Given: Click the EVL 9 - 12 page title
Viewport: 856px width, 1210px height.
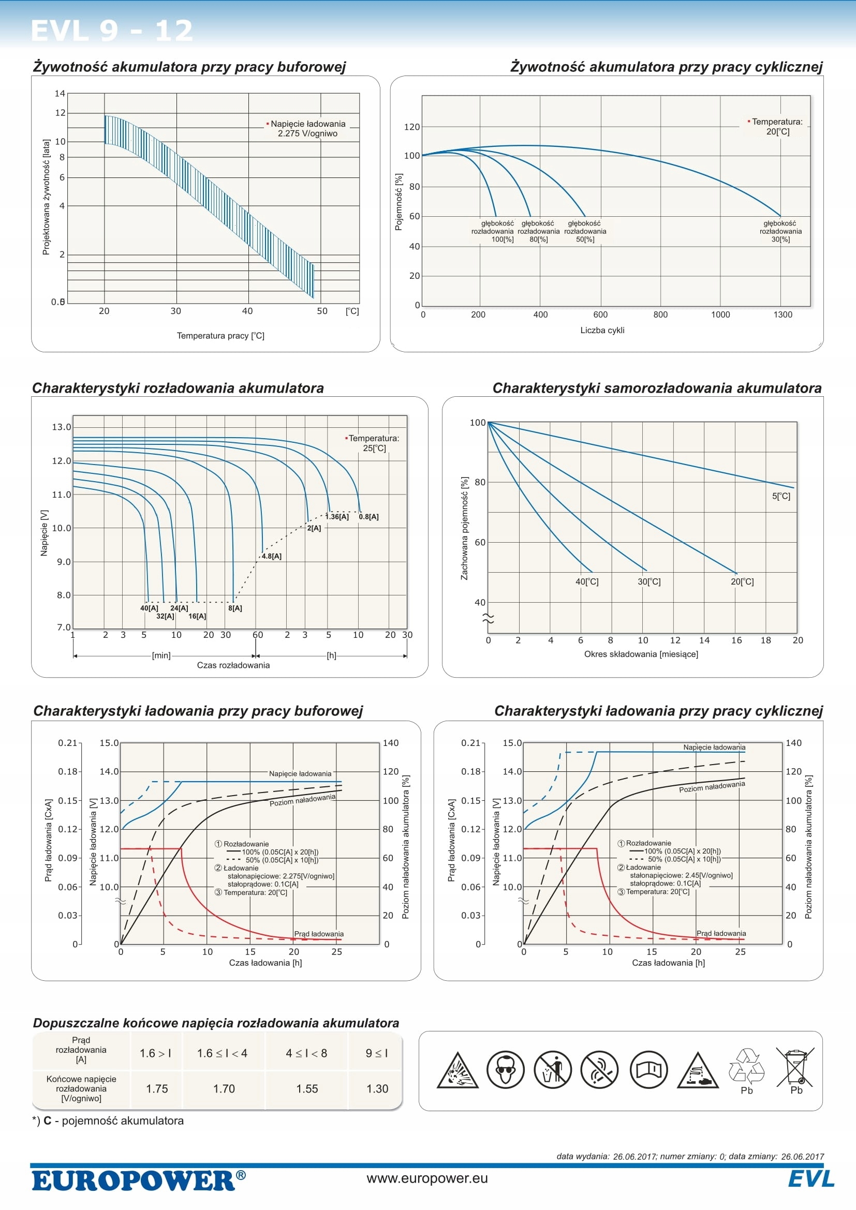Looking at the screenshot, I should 112,31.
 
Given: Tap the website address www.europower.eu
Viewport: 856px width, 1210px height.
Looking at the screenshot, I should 427,1178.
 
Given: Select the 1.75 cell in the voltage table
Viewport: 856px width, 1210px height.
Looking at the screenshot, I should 156,1089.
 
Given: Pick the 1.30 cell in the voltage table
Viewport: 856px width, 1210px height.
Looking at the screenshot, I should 377,1089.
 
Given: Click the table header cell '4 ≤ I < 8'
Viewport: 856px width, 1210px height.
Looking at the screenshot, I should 306,1053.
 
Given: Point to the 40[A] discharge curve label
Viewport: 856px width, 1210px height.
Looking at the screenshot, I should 149,608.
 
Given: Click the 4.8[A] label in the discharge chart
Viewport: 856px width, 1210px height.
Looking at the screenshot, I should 272,556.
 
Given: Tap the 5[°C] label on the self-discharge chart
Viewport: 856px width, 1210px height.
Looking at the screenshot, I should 780,496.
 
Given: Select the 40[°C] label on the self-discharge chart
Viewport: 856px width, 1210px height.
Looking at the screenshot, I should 587,582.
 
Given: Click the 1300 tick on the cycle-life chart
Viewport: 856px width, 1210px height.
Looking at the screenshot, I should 783,315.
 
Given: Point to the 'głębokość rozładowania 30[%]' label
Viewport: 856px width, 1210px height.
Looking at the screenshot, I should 780,231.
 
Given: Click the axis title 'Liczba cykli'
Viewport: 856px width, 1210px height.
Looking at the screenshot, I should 602,331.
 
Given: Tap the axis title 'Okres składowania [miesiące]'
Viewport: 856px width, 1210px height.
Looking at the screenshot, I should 641,654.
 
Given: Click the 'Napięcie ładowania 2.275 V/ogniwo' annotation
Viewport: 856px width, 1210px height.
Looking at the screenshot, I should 308,129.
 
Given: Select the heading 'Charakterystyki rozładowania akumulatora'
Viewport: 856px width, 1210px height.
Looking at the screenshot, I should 178,389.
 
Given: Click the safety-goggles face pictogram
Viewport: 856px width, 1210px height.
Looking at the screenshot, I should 505,1070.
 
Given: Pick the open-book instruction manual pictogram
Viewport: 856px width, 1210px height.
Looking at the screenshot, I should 649,1070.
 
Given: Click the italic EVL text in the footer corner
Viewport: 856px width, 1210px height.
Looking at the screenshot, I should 811,1179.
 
